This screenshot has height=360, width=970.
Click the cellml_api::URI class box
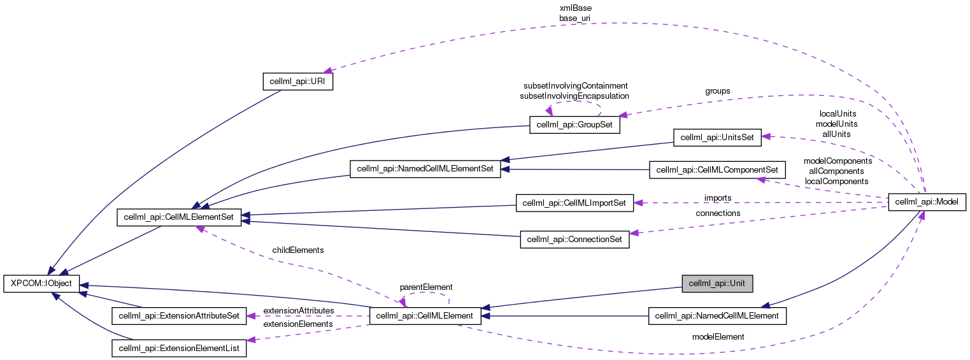[x=298, y=82]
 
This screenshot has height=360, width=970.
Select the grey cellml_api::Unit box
[x=717, y=283]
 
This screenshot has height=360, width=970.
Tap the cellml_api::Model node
[x=927, y=202]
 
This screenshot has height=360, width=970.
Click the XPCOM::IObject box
[x=41, y=283]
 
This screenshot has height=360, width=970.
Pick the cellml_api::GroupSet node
[x=574, y=125]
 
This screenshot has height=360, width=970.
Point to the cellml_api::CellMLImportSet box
[x=574, y=203]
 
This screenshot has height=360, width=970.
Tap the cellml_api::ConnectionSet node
[x=574, y=240]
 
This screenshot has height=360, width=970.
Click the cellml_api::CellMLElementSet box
[x=179, y=218]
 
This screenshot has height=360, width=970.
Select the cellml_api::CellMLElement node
[x=425, y=315]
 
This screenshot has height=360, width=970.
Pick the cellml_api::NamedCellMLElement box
[x=717, y=315]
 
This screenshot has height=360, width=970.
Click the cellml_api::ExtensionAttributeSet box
[x=179, y=315]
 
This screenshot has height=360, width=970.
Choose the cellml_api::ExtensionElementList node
[x=179, y=348]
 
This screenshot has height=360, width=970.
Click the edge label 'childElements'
[x=297, y=250]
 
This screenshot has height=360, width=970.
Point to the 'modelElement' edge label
[x=718, y=336]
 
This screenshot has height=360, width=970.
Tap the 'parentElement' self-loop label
[x=425, y=287]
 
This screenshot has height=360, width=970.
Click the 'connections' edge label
[x=718, y=213]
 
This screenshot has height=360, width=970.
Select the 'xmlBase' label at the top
[x=574, y=8]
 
